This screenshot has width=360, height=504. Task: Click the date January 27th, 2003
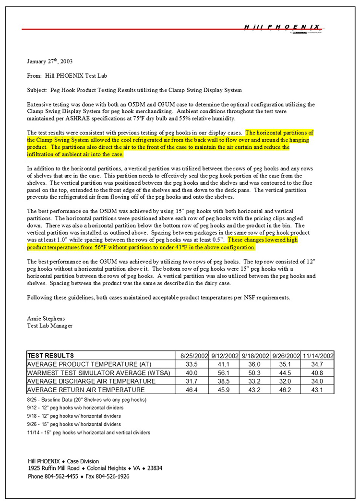tap(50, 62)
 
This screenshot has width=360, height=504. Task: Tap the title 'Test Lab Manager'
tap(50, 326)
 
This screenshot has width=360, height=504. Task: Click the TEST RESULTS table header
tap(51, 356)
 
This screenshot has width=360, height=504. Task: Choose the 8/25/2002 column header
tap(194, 356)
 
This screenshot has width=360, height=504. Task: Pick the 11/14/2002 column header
tap(318, 356)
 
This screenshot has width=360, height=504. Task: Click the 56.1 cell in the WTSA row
tap(225, 373)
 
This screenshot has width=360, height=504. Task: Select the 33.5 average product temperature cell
tap(193, 364)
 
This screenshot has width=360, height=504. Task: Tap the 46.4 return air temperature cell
tap(193, 390)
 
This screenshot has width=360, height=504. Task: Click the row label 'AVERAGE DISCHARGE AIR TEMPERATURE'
tap(92, 381)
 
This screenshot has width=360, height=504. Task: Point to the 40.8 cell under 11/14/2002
tap(318, 373)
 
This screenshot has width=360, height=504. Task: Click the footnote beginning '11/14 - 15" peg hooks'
tap(89, 432)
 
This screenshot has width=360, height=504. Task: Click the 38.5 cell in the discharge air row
tap(225, 381)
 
